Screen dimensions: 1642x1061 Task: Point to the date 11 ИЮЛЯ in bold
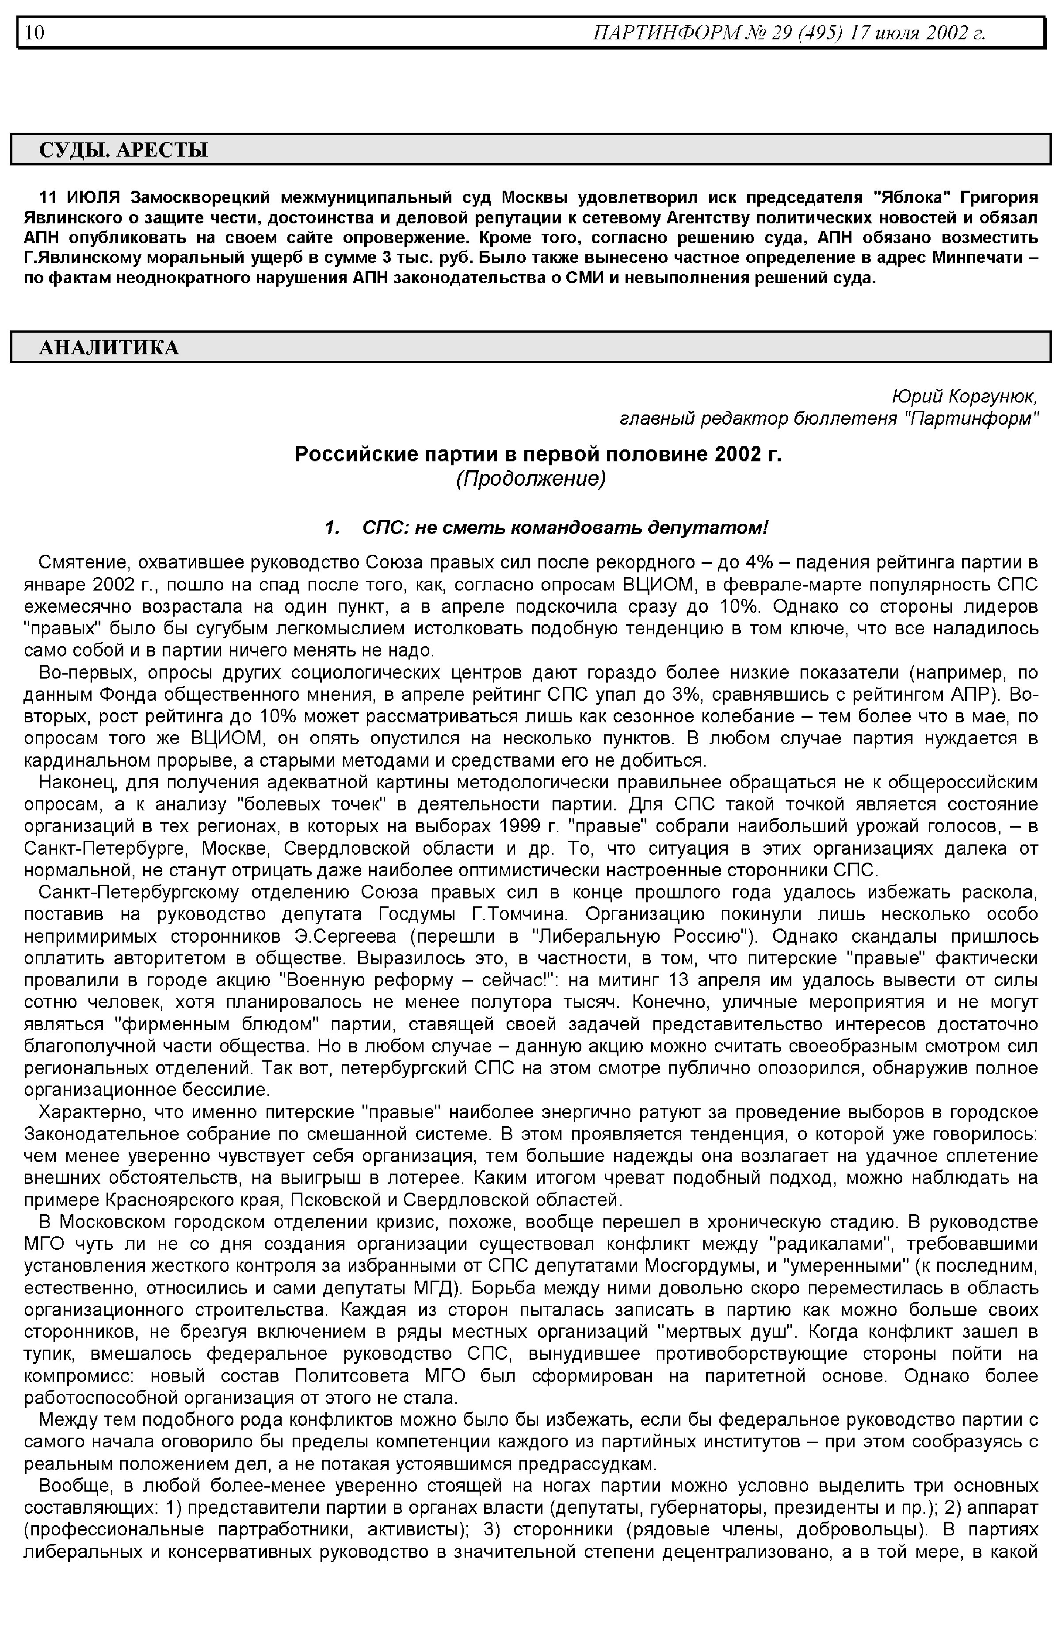pyautogui.click(x=81, y=198)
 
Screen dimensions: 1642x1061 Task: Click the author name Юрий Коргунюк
pyautogui.click(x=963, y=397)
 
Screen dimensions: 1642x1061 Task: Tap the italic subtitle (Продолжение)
pyautogui.click(x=530, y=479)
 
